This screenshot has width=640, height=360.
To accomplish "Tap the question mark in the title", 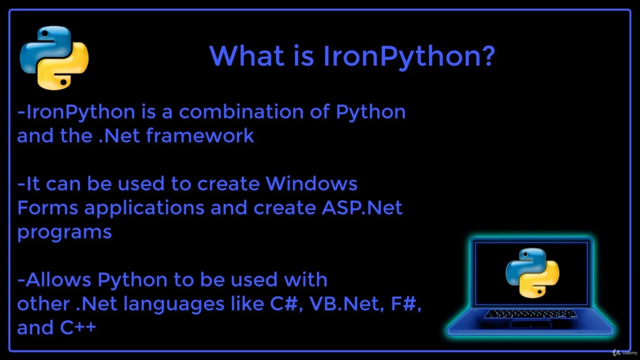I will [x=486, y=56].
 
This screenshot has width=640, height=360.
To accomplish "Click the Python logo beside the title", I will [x=54, y=58].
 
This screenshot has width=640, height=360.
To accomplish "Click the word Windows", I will [x=311, y=184].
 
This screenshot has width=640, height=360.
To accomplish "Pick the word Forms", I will [x=47, y=208].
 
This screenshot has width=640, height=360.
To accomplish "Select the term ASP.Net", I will [x=362, y=208].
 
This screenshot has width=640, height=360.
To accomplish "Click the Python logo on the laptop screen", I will [x=532, y=272].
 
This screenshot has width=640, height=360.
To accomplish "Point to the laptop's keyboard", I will [x=531, y=314].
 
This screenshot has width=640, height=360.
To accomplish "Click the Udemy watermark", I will [x=622, y=352].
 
